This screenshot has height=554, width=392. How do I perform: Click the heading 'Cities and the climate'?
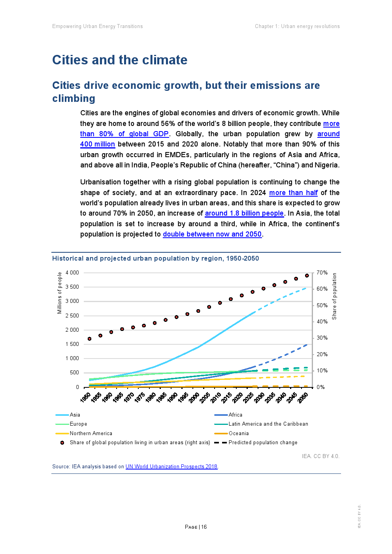tap(120, 60)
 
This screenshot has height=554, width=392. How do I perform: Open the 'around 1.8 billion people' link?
tap(244, 213)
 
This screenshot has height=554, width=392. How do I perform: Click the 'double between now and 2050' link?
tap(212, 234)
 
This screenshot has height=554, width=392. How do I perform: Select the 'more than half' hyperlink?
tap(293, 193)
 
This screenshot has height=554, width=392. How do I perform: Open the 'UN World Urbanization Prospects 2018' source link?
tap(171, 466)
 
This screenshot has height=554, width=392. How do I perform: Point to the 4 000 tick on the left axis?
tap(72, 272)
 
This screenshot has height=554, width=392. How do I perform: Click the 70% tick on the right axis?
tap(322, 272)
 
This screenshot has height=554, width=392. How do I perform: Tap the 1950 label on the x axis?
tap(85, 397)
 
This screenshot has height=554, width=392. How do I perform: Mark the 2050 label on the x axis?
tap(303, 397)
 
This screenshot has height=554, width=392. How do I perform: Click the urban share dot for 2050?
tap(307, 276)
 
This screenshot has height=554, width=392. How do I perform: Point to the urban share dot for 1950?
tap(90, 339)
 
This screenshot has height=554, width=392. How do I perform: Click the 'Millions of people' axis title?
tap(60, 293)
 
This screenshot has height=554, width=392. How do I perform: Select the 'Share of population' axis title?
tap(334, 296)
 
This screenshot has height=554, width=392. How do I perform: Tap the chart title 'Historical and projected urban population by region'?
tap(155, 259)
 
